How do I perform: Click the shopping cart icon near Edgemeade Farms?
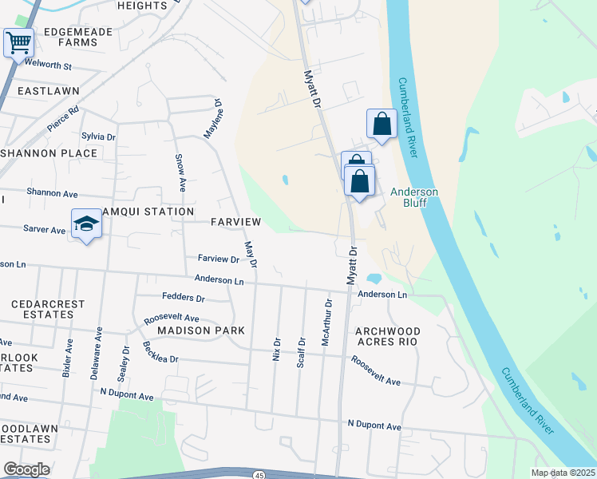coord(18,42)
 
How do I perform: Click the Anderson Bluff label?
coord(413,196)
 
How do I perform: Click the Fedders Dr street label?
coord(183,298)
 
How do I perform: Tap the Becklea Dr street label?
coord(160,352)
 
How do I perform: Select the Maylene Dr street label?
coord(212,119)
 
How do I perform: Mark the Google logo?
coord(26,469)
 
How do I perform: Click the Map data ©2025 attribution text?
coord(563,473)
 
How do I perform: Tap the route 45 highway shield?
coord(259,475)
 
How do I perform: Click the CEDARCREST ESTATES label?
coord(42,310)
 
